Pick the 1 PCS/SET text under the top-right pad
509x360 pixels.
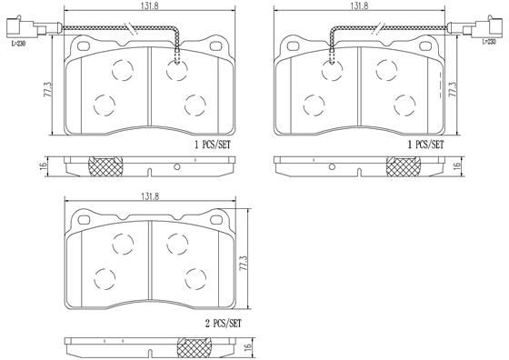[x=424, y=144]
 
